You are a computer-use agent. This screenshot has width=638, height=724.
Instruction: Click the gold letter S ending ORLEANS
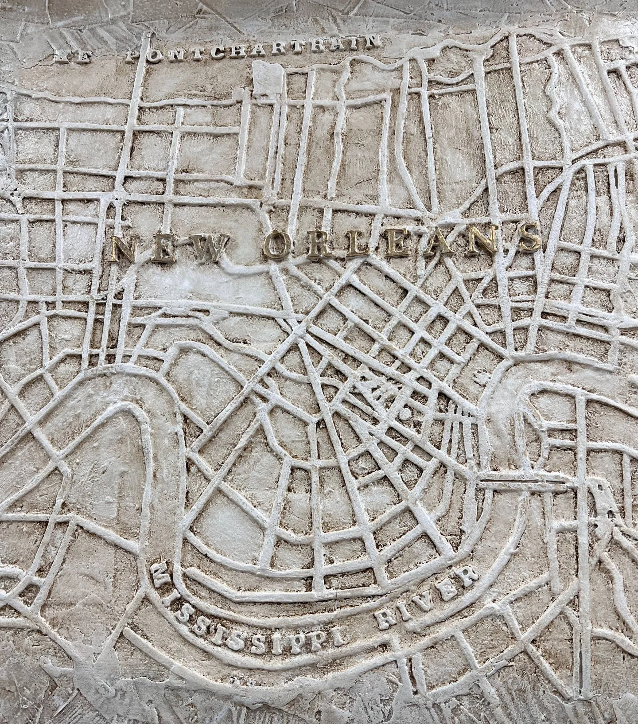[528, 238]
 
